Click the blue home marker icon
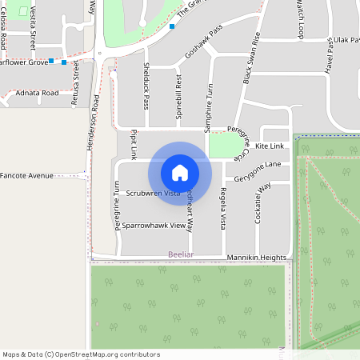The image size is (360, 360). click(x=180, y=172)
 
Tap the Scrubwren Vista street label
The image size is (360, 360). click(x=153, y=194)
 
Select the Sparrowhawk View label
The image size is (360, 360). click(x=154, y=226)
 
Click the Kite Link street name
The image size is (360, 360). click(x=270, y=146)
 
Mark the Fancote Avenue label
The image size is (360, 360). click(x=26, y=175)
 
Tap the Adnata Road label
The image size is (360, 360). click(x=38, y=93)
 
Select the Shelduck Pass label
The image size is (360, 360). click(x=146, y=86)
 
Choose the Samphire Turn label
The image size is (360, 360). click(x=207, y=107)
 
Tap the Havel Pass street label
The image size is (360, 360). click(x=329, y=58)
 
